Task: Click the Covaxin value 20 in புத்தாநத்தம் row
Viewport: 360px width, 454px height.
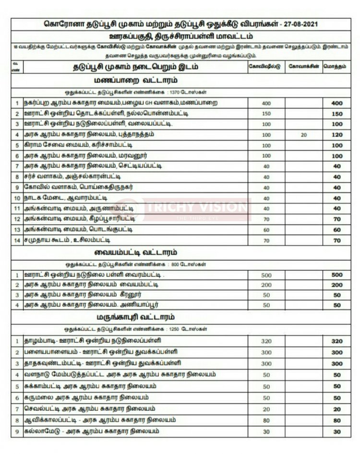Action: point(303,135)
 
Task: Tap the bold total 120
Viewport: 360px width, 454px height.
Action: point(336,135)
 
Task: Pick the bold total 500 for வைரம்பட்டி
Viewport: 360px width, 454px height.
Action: point(336,275)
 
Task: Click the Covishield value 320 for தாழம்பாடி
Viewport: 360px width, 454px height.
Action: point(266,341)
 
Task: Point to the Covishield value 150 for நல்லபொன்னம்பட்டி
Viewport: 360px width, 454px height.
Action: point(266,114)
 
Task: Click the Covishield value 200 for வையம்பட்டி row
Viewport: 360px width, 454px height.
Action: point(266,285)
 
